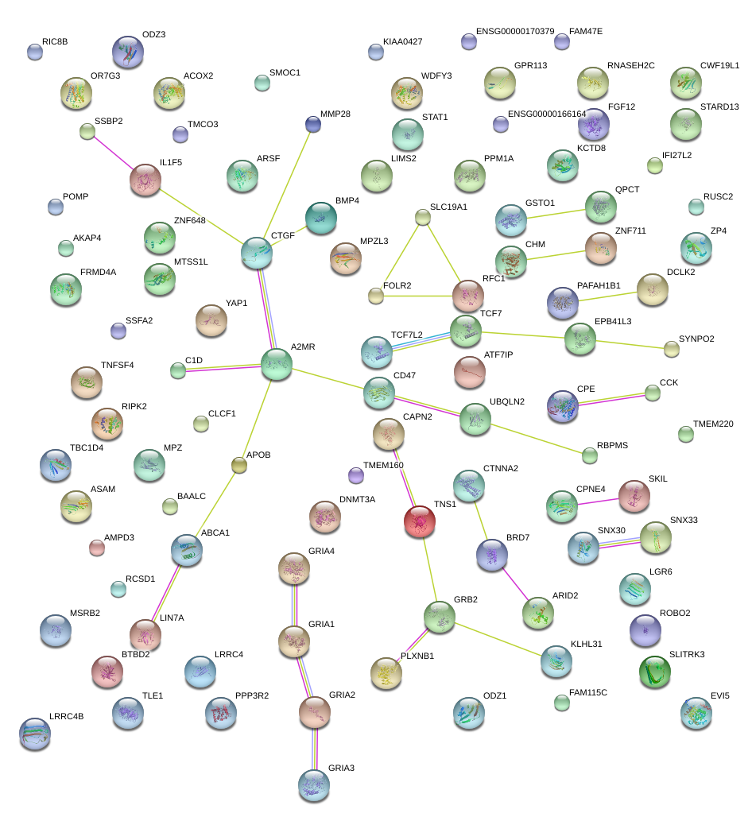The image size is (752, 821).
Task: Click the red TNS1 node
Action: point(419,521)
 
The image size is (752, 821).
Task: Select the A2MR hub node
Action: point(277,363)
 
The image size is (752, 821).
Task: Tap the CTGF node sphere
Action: point(257,253)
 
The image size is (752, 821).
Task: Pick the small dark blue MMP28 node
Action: point(312,123)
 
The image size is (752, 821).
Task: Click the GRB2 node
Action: point(439,616)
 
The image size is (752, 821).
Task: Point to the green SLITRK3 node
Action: point(655,672)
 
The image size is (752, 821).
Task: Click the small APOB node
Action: point(238,465)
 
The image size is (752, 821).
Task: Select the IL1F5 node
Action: point(145,180)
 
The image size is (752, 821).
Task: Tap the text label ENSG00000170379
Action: point(515,31)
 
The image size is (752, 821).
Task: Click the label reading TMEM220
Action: point(713,424)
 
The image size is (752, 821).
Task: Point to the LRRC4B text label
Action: point(66,716)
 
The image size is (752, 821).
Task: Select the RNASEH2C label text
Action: point(630,65)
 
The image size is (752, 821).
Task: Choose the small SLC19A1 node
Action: point(423,217)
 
